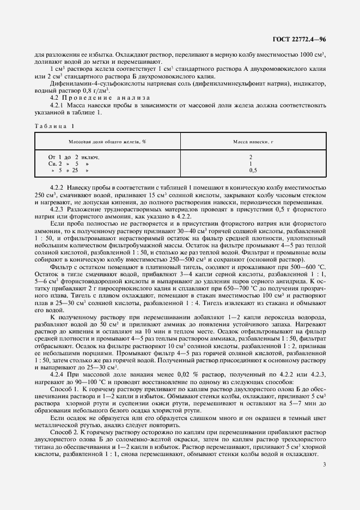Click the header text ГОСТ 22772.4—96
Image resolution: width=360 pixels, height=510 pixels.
tap(301, 40)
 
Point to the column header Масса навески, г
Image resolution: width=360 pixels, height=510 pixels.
tap(250, 142)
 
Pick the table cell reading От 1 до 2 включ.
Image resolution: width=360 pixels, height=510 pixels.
tap(74, 157)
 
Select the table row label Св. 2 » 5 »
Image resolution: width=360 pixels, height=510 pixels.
tap(69, 163)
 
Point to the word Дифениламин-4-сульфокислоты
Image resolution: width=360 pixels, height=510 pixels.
tap(83, 85)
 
